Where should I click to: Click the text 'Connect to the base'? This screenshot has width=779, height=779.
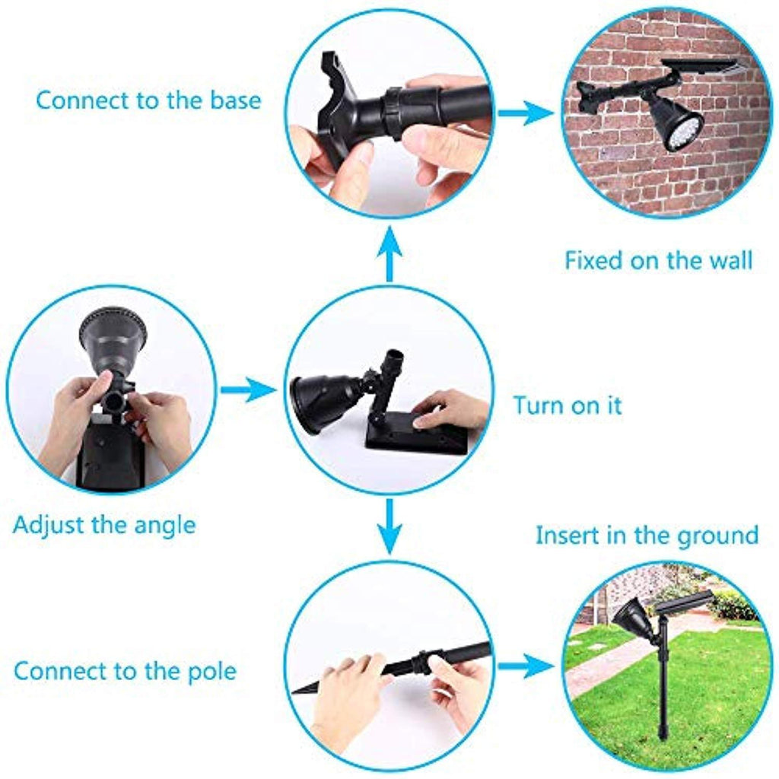[148, 100]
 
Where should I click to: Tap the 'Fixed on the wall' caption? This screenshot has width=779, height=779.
[659, 260]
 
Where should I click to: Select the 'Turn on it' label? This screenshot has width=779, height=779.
[568, 405]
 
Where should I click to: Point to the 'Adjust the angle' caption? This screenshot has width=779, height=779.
[104, 526]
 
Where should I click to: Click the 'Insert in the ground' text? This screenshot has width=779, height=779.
[647, 536]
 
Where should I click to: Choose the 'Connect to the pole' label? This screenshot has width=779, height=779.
[126, 671]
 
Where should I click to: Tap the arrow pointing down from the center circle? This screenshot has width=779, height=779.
[389, 526]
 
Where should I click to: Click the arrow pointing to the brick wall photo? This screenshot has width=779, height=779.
[526, 113]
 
